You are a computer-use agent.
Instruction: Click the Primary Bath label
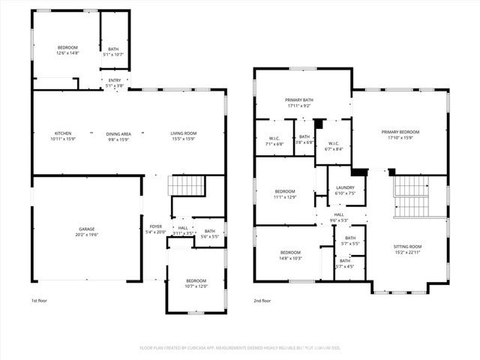(x=298, y=103)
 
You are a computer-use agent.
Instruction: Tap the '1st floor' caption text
(x=40, y=300)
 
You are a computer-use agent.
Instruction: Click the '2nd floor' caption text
(x=262, y=300)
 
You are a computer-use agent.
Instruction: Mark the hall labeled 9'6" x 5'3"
(x=340, y=217)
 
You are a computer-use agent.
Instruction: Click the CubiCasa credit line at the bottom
(x=240, y=348)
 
